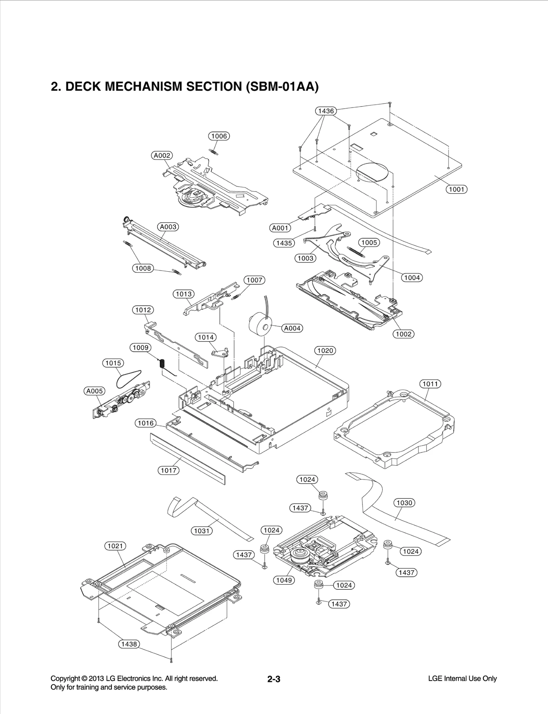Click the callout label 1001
(x=456, y=189)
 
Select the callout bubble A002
(x=162, y=155)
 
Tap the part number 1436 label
(x=326, y=111)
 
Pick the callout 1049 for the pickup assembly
(x=284, y=580)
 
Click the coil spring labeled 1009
(x=163, y=363)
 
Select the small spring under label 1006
(x=213, y=151)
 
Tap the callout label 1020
(x=325, y=350)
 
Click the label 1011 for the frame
(x=430, y=384)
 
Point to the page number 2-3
(x=274, y=679)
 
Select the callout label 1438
(x=129, y=644)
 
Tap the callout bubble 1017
(x=169, y=470)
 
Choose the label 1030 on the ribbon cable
(x=404, y=503)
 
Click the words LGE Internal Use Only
(x=462, y=678)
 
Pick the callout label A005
(x=94, y=391)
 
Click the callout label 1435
(x=284, y=243)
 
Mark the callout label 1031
(x=201, y=531)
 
